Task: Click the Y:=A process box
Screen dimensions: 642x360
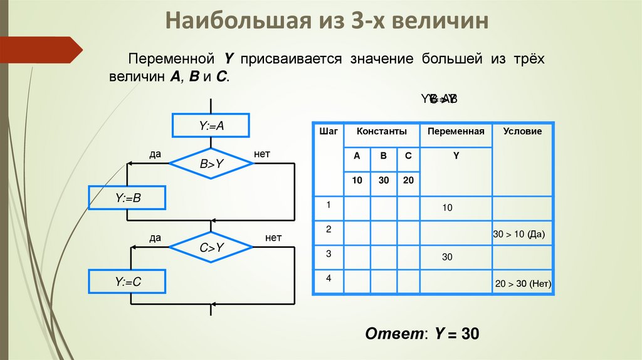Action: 211,125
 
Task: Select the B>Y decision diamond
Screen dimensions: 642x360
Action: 211,164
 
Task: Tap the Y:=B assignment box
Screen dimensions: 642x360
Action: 127,198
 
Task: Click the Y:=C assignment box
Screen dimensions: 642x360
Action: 127,282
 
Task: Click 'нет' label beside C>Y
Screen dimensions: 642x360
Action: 273,238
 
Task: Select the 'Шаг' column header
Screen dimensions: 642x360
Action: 329,132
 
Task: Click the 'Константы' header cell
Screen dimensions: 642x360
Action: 382,132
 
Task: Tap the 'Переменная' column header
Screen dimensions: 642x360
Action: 456,132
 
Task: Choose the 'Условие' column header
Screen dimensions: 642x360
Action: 522,132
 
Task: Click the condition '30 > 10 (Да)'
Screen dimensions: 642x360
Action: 520,235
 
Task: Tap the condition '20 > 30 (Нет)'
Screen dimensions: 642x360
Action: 523,283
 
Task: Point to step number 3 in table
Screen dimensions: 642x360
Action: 329,255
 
